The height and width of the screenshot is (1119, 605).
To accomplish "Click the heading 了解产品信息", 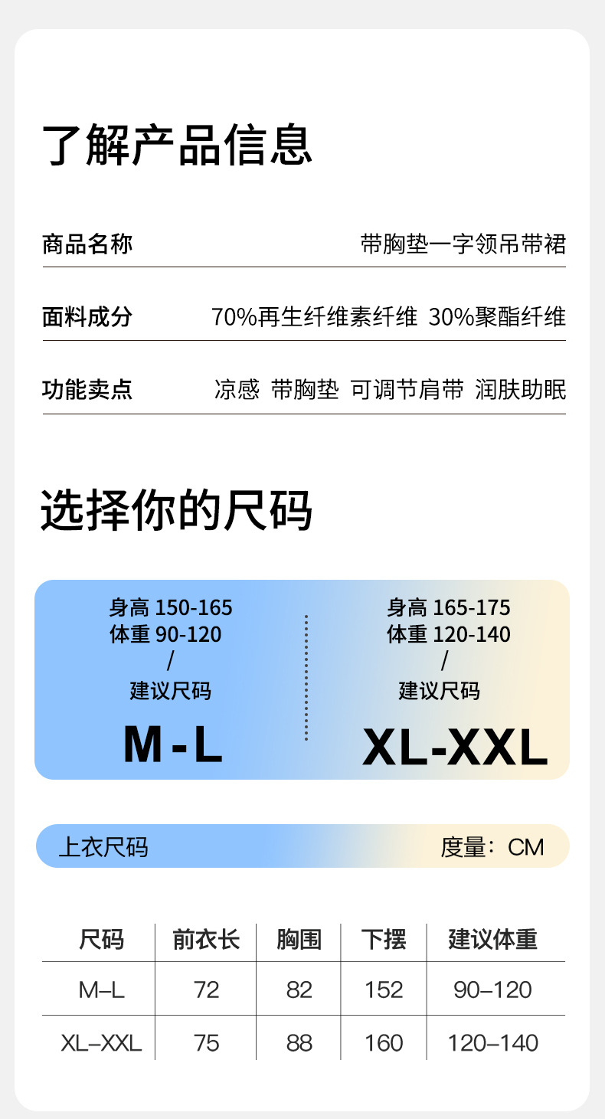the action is coord(177,145).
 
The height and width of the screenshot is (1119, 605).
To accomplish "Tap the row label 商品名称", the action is coord(87,244).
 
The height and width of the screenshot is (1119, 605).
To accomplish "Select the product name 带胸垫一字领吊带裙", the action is coord(463,244).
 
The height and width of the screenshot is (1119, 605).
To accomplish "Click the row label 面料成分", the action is coord(87,317).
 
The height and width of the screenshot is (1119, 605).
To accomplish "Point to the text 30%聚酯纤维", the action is coord(497,317).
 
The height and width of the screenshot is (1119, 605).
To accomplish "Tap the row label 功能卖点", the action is coord(87,389).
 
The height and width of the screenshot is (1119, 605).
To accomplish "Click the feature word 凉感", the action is coord(237,389).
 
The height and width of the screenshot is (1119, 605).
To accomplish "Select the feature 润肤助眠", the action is coord(520,389).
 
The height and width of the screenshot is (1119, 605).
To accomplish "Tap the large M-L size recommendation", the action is coord(173,744).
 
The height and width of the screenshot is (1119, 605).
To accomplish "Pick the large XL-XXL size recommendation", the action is coord(455,748).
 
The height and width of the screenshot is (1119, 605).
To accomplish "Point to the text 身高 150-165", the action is coord(170,608).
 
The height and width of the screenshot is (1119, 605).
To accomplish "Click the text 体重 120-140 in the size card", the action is coord(448,634).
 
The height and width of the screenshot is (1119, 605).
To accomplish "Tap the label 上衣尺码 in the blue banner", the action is coord(103,847).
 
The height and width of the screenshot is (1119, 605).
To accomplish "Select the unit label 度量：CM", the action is coord(492,847).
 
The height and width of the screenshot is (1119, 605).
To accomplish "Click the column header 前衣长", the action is coord(206,939).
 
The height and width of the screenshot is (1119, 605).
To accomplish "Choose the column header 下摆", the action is coord(383,939).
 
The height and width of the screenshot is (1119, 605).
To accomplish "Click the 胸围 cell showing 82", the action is coord(299,990).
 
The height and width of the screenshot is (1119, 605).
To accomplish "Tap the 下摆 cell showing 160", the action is coord(383,1042).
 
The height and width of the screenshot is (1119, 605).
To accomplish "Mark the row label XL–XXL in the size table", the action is coord(101,1042).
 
